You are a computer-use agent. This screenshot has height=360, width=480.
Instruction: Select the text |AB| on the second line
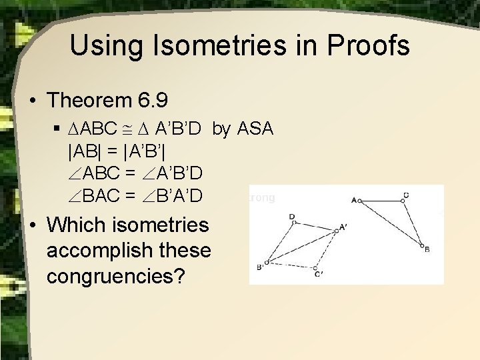(x=83, y=151)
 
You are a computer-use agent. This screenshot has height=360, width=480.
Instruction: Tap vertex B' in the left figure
(x=266, y=263)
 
